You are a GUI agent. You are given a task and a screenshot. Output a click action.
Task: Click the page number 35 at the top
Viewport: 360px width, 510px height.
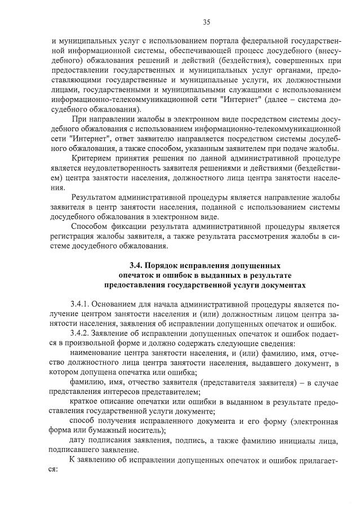(x=206, y=22)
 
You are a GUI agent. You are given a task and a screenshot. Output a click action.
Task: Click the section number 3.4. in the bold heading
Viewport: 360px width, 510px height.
(x=137, y=265)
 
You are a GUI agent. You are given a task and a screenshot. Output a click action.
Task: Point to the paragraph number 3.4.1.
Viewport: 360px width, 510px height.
(x=83, y=304)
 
